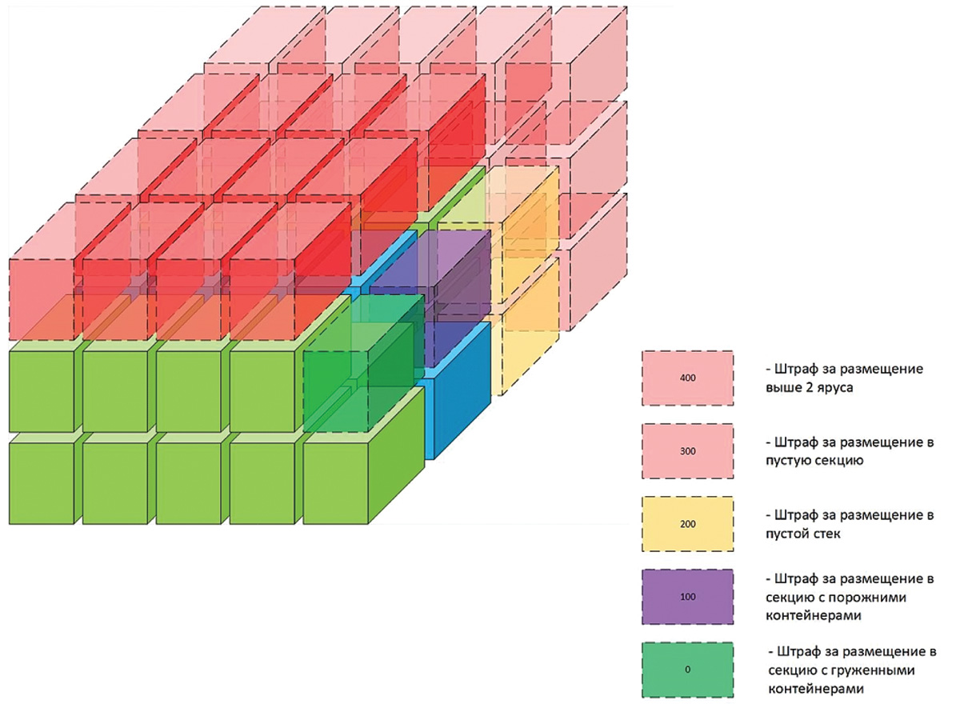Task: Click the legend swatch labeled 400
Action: pyautogui.click(x=687, y=377)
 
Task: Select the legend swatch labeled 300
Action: pyautogui.click(x=687, y=450)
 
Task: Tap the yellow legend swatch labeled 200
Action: pyautogui.click(x=687, y=524)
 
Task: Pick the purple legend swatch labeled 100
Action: pyautogui.click(x=687, y=596)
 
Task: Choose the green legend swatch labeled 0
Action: pyautogui.click(x=687, y=669)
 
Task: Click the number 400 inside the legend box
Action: pyautogui.click(x=687, y=377)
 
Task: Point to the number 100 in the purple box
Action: pyautogui.click(x=687, y=597)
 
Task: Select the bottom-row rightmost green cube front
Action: pyautogui.click(x=335, y=483)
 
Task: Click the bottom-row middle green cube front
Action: pyautogui.click(x=188, y=483)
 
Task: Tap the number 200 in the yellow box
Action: pyautogui.click(x=687, y=524)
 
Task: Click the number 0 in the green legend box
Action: pyautogui.click(x=687, y=669)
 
